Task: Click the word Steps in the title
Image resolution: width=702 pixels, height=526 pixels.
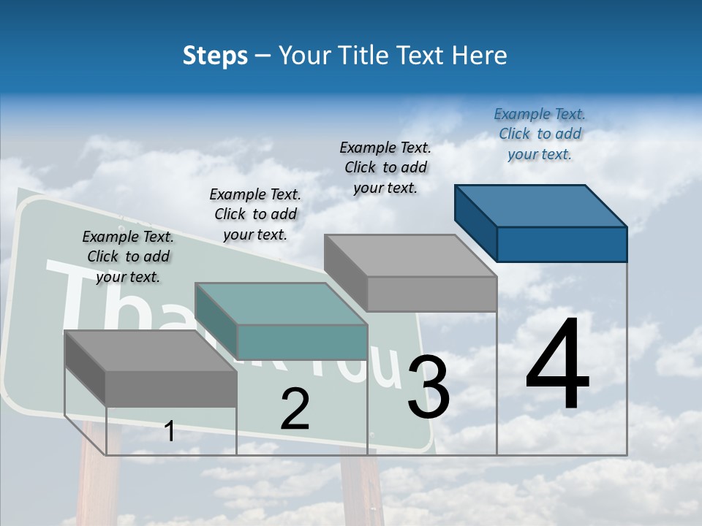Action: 215,56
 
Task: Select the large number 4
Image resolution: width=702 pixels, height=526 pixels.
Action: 558,365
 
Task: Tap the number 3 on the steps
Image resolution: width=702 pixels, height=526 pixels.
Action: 429,387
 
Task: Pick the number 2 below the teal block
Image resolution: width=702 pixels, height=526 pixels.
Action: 295,409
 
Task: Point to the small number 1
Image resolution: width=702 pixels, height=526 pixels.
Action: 169,431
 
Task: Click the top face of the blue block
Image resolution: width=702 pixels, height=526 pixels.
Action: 541,206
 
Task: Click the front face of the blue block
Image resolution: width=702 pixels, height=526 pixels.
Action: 562,244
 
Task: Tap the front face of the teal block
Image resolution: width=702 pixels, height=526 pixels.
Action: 302,342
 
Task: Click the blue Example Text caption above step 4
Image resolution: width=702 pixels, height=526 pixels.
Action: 540,134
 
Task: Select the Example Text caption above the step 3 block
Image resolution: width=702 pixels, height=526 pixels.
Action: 385,167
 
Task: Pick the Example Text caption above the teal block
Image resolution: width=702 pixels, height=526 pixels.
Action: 255,214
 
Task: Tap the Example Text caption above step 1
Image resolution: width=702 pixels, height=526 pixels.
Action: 128,256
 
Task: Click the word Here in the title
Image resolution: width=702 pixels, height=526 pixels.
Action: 479,56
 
